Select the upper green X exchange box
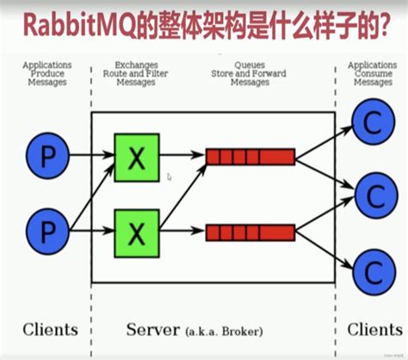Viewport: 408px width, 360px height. tap(136, 158)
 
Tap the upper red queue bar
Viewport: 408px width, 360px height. tap(250, 157)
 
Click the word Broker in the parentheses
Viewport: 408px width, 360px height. tap(238, 331)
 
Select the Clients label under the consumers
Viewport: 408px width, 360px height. tap(374, 330)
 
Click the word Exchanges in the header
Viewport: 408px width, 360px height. tap(135, 65)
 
